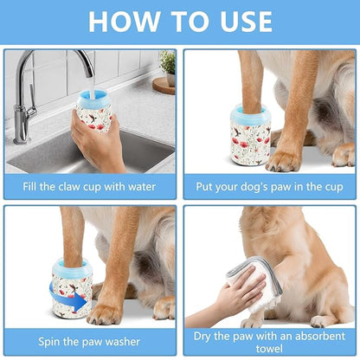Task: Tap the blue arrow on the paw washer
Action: pyautogui.click(x=80, y=302)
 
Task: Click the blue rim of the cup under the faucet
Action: pyautogui.click(x=93, y=96)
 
